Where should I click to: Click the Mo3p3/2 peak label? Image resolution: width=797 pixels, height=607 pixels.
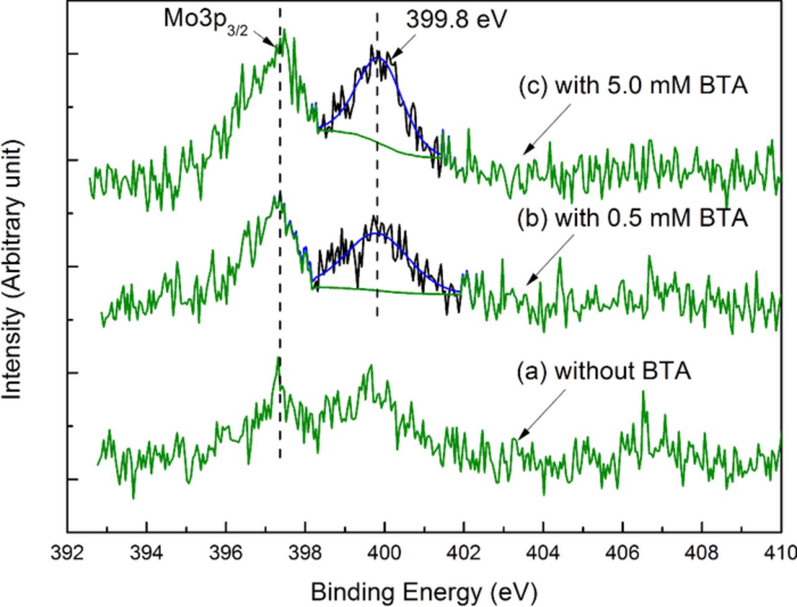[205, 20]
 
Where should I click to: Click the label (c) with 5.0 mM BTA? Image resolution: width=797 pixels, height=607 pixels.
[632, 85]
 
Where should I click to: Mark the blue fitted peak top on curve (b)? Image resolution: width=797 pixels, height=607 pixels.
[375, 233]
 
